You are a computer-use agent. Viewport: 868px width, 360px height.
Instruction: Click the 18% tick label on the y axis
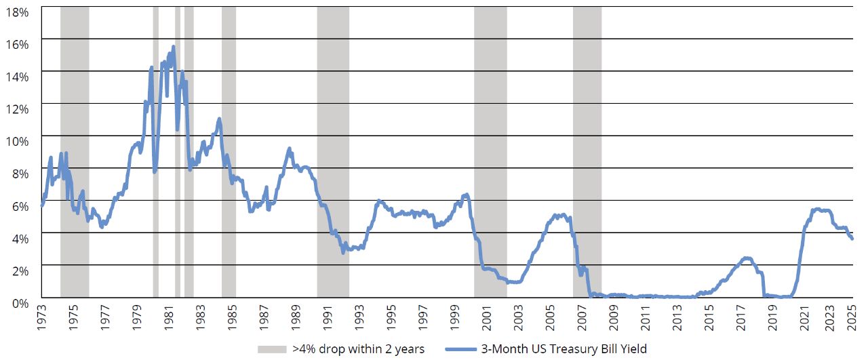click(18, 12)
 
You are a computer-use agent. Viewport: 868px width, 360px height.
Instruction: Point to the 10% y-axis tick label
click(18, 141)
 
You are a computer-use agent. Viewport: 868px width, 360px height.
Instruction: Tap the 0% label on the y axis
click(21, 302)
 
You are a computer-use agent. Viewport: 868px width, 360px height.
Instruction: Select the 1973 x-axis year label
click(42, 318)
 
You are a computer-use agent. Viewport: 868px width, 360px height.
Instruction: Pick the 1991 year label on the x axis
click(327, 318)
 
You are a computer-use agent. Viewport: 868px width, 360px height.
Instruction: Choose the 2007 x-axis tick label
click(581, 318)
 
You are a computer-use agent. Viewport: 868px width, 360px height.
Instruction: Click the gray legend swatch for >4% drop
click(272, 349)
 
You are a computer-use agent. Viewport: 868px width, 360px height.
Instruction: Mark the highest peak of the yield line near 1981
click(173, 47)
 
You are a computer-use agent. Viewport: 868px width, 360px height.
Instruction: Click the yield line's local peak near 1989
click(289, 148)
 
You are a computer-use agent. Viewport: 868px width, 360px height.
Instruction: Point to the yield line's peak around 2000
click(466, 195)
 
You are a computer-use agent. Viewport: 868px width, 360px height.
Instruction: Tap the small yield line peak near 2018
click(747, 258)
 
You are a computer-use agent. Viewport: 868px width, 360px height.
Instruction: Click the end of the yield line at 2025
click(852, 239)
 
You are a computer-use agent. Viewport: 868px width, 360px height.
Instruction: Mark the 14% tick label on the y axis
click(18, 77)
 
